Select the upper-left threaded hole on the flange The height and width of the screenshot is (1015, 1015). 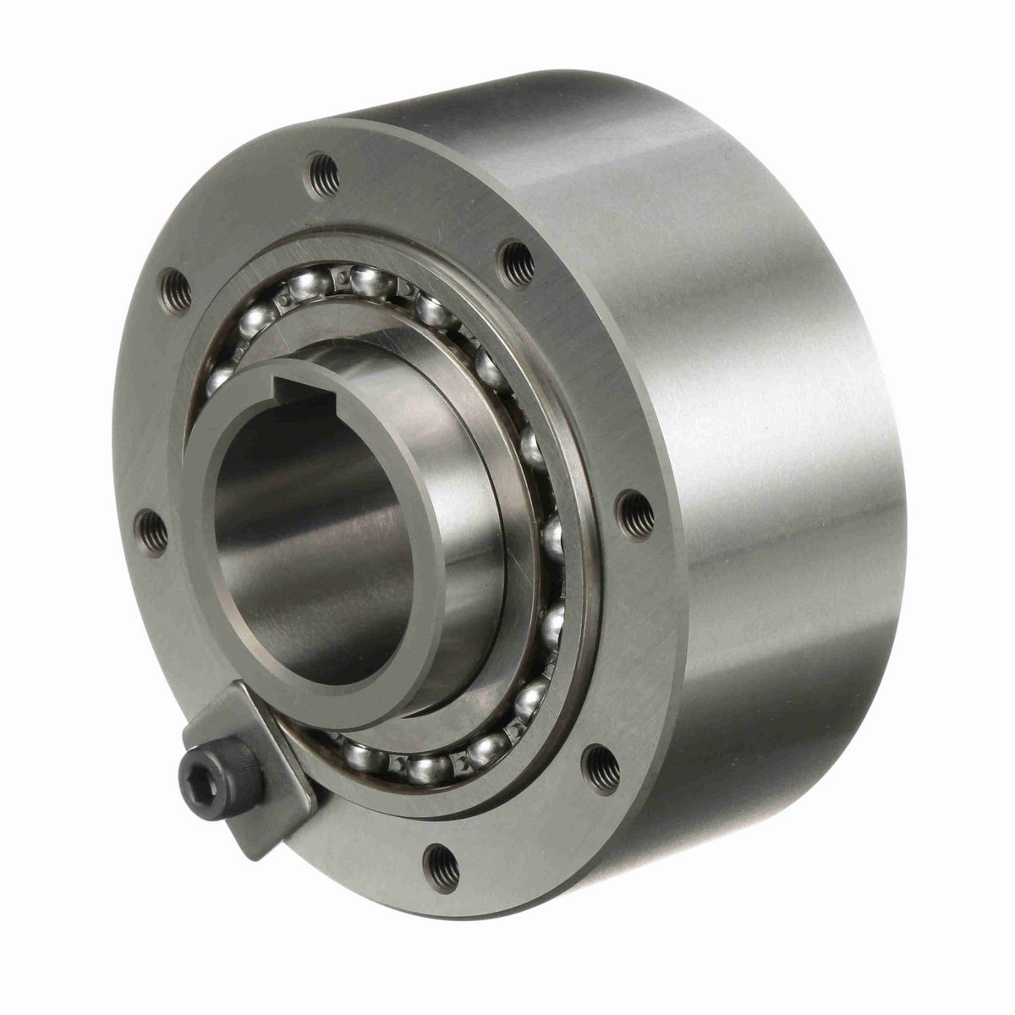175,291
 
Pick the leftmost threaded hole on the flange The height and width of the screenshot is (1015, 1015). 151,532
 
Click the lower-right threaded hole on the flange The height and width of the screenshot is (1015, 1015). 601,767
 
